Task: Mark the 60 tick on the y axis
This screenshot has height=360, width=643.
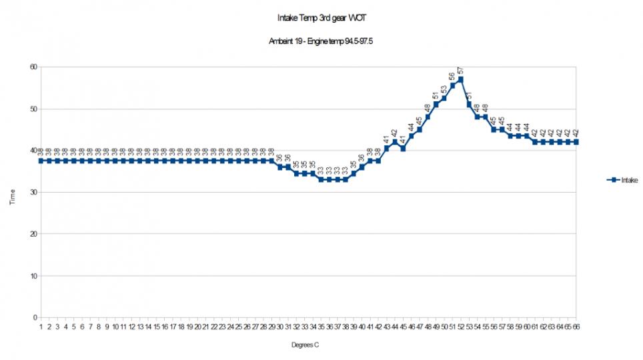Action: pos(33,67)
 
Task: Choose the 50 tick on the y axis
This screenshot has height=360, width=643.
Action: pos(33,109)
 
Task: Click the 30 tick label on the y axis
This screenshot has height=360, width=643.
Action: pos(33,193)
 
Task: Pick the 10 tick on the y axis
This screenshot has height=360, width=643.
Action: pos(33,276)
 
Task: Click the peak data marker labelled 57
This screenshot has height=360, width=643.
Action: pos(461,79)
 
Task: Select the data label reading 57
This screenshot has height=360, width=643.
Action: pos(461,71)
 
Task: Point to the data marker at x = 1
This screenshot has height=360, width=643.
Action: pos(41,161)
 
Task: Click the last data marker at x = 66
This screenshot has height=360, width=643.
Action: pos(576,142)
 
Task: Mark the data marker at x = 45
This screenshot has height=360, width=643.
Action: pos(403,149)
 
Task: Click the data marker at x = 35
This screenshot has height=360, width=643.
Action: pos(321,179)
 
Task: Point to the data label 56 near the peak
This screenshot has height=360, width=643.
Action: pos(452,77)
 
